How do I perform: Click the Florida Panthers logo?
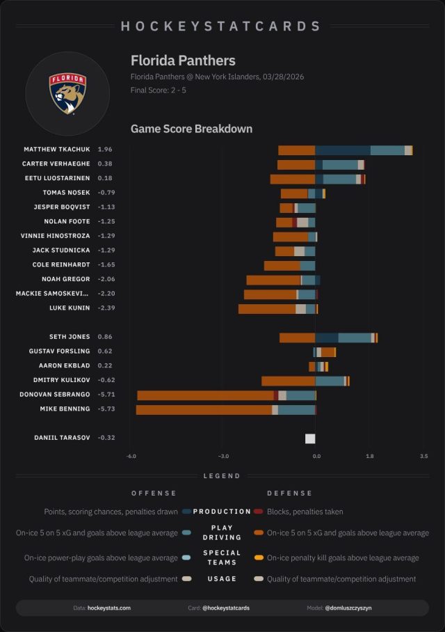[67, 93]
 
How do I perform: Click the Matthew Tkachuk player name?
[57, 150]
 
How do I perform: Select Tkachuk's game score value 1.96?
[105, 150]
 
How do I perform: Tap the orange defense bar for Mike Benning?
[204, 410]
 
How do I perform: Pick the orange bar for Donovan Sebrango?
[205, 395]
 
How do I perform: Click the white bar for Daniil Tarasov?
[310, 439]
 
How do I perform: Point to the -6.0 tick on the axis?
[131, 457]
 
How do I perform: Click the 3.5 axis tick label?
[424, 457]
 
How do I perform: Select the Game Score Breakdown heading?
[191, 129]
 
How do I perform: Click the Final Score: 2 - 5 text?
[157, 90]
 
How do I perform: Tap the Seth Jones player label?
[70, 337]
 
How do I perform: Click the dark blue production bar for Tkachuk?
[343, 150]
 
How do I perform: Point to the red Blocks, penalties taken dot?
[258, 512]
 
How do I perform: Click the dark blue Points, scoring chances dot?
[186, 512]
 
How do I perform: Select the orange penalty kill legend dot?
[258, 558]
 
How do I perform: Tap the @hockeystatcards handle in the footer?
[226, 608]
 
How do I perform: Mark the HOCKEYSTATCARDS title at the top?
[221, 26]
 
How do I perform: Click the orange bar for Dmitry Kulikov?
[288, 381]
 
